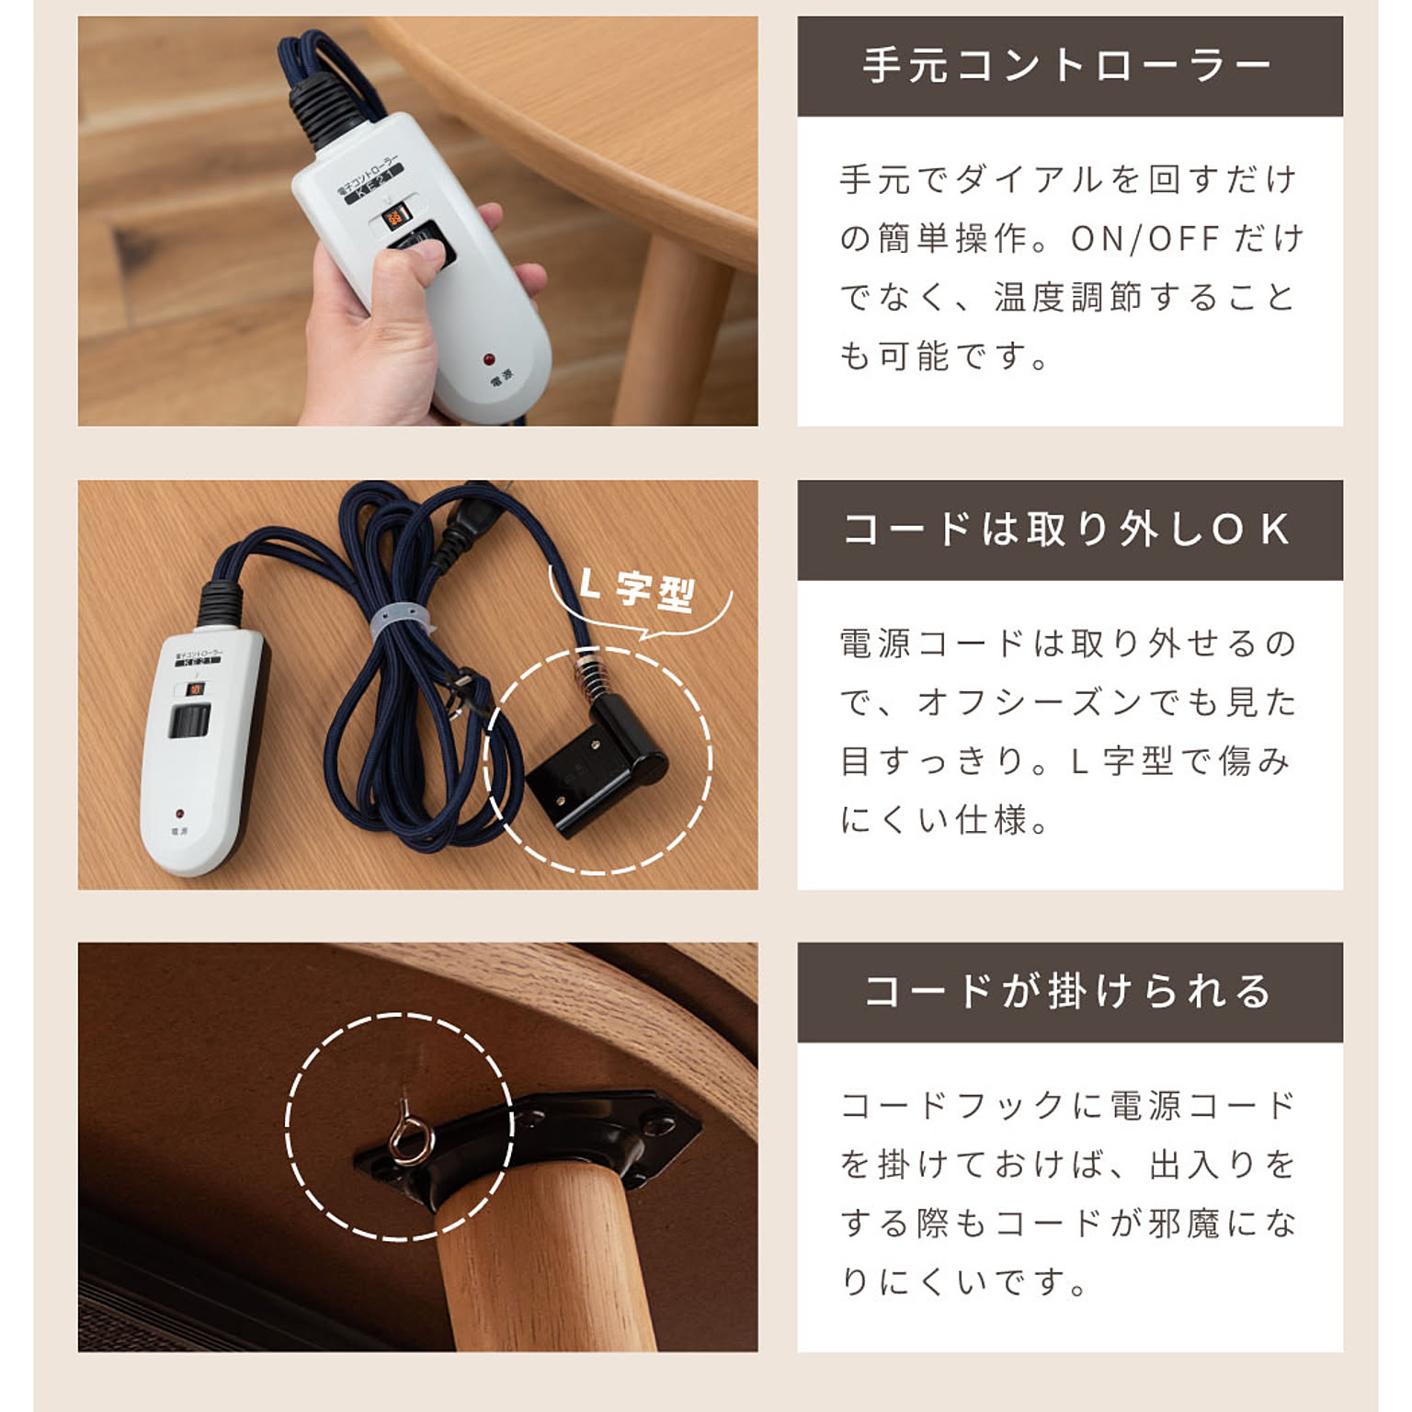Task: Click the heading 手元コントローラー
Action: [1068, 66]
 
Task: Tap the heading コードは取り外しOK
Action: [1068, 529]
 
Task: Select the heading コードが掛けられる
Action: [1068, 992]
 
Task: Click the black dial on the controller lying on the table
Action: [189, 721]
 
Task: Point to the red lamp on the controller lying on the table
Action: [179, 814]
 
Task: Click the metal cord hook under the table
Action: [408, 1136]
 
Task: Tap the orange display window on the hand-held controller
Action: [394, 217]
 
